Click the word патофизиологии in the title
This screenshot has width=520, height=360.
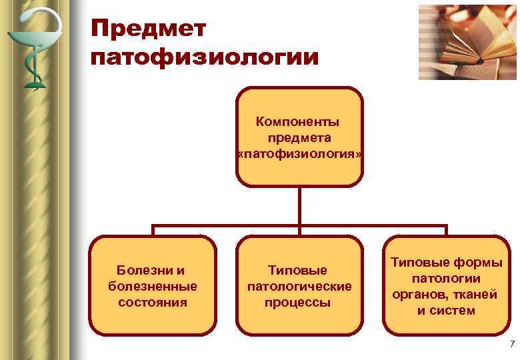[x=205, y=57]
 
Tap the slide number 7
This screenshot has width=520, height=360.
[x=511, y=344]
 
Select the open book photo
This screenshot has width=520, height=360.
[x=467, y=41]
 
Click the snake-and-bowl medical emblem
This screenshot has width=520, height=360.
[x=32, y=47]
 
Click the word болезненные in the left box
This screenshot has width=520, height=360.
[x=153, y=287]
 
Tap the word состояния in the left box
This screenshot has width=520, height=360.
[x=153, y=303]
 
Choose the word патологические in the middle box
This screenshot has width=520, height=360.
[x=299, y=287]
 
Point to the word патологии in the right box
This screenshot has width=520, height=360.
[x=447, y=279]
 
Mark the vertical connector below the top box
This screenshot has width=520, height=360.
[x=299, y=205]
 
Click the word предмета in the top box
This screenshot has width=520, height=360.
[x=299, y=138]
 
